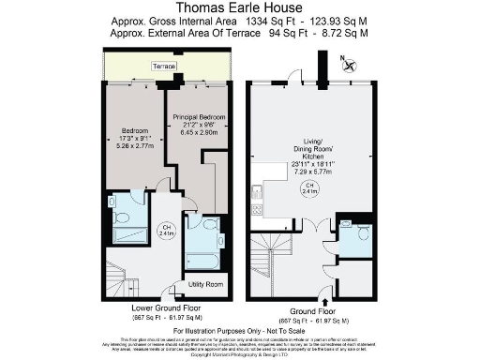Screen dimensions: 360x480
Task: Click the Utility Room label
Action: coord(205,283)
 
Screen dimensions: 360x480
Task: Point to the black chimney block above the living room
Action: coord(322,67)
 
